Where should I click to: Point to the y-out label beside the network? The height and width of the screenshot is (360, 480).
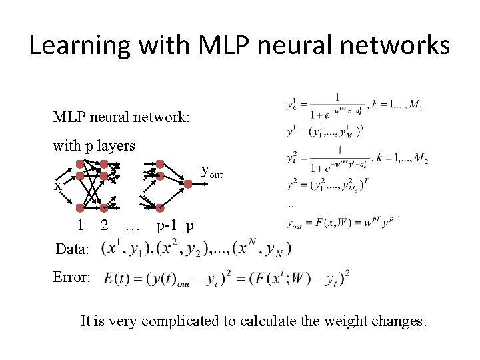(x=212, y=173)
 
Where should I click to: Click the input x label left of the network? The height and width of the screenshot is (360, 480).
(x=58, y=186)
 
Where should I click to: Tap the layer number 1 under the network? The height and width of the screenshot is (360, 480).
(x=81, y=225)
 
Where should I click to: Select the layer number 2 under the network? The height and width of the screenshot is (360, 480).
(x=104, y=225)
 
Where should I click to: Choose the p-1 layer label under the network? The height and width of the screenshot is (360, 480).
(x=167, y=225)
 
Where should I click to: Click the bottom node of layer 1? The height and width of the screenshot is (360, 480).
(x=80, y=207)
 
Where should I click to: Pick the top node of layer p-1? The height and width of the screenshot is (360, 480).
(x=160, y=163)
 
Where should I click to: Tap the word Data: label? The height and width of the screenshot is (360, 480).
(x=73, y=249)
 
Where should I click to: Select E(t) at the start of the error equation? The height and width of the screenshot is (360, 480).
(x=117, y=277)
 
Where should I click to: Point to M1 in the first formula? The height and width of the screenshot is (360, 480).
(x=416, y=105)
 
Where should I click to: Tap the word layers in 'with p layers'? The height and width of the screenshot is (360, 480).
(x=117, y=145)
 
